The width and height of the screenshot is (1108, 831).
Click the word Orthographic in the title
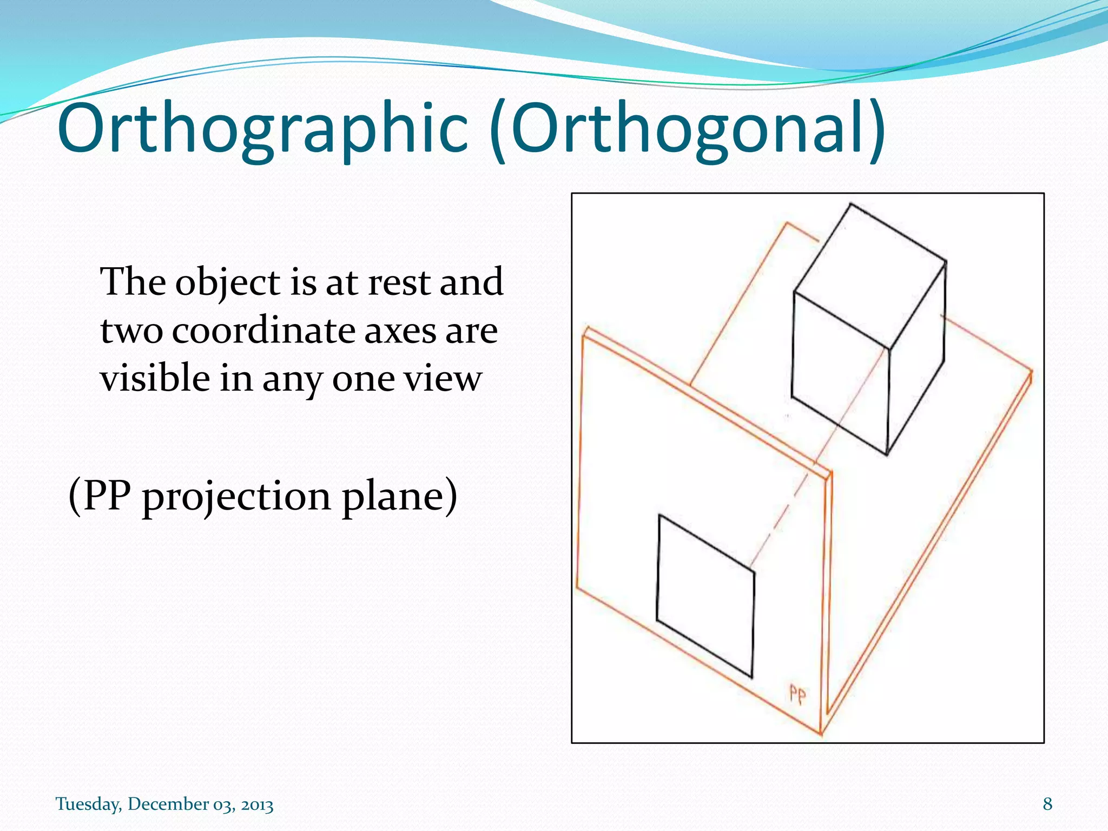[262, 129]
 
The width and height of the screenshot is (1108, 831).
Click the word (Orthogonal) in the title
[687, 129]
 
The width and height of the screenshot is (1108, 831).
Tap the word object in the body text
[228, 283]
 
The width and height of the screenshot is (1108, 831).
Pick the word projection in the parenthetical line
[236, 497]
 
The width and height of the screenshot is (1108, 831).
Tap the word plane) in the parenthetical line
[399, 497]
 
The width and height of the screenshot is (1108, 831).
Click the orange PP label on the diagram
[797, 694]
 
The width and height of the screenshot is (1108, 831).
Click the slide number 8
[1047, 804]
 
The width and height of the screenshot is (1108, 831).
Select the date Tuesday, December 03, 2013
[164, 804]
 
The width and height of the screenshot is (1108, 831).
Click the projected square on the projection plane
[705, 595]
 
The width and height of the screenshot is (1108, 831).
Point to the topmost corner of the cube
[850, 205]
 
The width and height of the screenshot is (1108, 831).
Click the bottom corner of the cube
[887, 454]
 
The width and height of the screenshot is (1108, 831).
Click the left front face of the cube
[840, 373]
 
